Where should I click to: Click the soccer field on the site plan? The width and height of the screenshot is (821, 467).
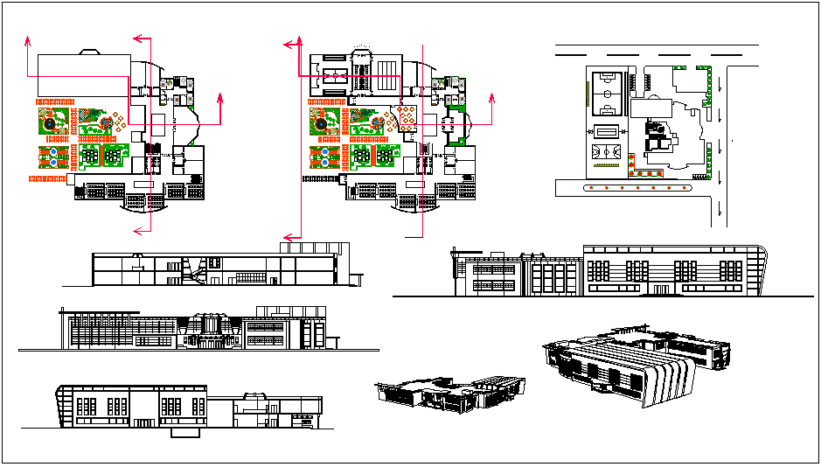click(x=606, y=93)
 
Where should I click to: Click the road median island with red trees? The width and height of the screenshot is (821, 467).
click(x=625, y=187)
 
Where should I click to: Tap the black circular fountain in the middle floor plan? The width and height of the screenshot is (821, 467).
click(x=322, y=125)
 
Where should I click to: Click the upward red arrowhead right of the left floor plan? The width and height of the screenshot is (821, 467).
click(x=219, y=94)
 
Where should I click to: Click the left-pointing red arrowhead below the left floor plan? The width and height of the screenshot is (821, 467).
click(x=136, y=231)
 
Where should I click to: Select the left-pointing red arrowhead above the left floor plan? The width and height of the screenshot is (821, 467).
click(x=136, y=38)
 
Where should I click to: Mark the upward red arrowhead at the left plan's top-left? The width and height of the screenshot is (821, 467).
click(x=27, y=40)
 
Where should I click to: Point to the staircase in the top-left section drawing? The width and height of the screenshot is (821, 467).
click(x=188, y=270)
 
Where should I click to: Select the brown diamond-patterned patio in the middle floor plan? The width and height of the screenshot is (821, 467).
click(x=408, y=119)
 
